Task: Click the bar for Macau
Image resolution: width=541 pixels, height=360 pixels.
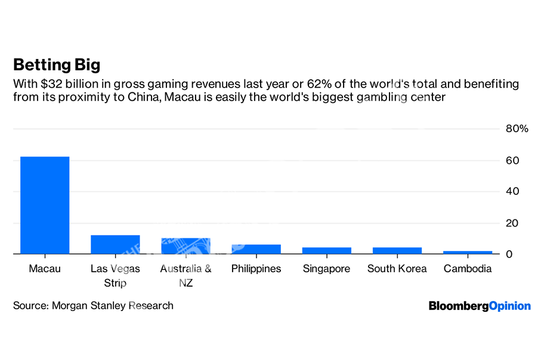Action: point(45,205)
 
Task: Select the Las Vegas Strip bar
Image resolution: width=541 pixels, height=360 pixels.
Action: point(115,244)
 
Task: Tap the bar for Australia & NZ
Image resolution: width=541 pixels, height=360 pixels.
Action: point(186,246)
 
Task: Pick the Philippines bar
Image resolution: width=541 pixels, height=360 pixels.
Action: point(256,249)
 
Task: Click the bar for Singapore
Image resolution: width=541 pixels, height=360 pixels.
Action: point(326,251)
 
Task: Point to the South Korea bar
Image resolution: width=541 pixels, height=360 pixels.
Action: point(397,251)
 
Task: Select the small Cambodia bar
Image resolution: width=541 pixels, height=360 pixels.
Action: point(467,253)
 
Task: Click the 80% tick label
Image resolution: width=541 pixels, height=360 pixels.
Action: point(517,129)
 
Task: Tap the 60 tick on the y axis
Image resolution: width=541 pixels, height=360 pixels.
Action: point(512,160)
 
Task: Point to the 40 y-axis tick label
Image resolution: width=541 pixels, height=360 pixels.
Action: point(512,191)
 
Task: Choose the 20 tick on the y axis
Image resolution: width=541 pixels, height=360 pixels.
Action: point(512,223)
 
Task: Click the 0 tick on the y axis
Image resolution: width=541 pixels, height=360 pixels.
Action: point(509,255)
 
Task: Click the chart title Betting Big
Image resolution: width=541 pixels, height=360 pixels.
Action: point(57,64)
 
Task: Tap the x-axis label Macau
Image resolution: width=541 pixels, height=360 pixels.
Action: point(45,269)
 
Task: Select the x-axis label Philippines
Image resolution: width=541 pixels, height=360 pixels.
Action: point(256,269)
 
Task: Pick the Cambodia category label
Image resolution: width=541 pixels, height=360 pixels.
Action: point(467,269)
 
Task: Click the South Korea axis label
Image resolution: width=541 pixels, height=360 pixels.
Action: point(397,269)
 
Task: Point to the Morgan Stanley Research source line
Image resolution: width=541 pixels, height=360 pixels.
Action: point(93,306)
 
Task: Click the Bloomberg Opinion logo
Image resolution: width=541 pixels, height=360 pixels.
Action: point(479,306)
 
